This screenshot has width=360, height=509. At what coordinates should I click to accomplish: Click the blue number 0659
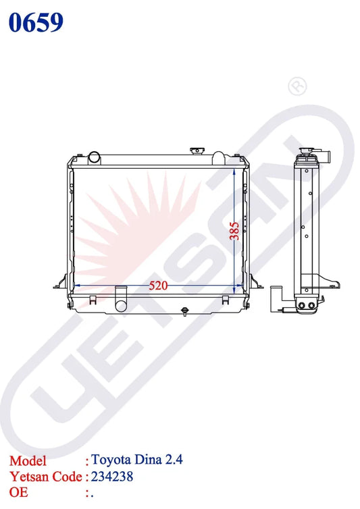pos(36,22)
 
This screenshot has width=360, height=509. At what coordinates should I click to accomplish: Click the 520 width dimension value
pos(158,286)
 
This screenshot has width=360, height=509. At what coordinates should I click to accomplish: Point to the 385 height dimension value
pos(234,231)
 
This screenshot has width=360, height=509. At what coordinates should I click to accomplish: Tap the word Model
pos(28,461)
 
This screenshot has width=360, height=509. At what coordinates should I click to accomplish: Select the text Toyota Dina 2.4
pos(137,460)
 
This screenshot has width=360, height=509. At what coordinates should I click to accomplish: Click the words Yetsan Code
pos(46,477)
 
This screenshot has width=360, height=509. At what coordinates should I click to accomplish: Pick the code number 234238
pos(112,477)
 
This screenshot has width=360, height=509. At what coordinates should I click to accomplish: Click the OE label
pos(18,492)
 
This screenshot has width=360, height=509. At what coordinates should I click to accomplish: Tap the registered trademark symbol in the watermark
pos(297,86)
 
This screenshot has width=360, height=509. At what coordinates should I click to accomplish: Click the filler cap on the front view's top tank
pos(197,151)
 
